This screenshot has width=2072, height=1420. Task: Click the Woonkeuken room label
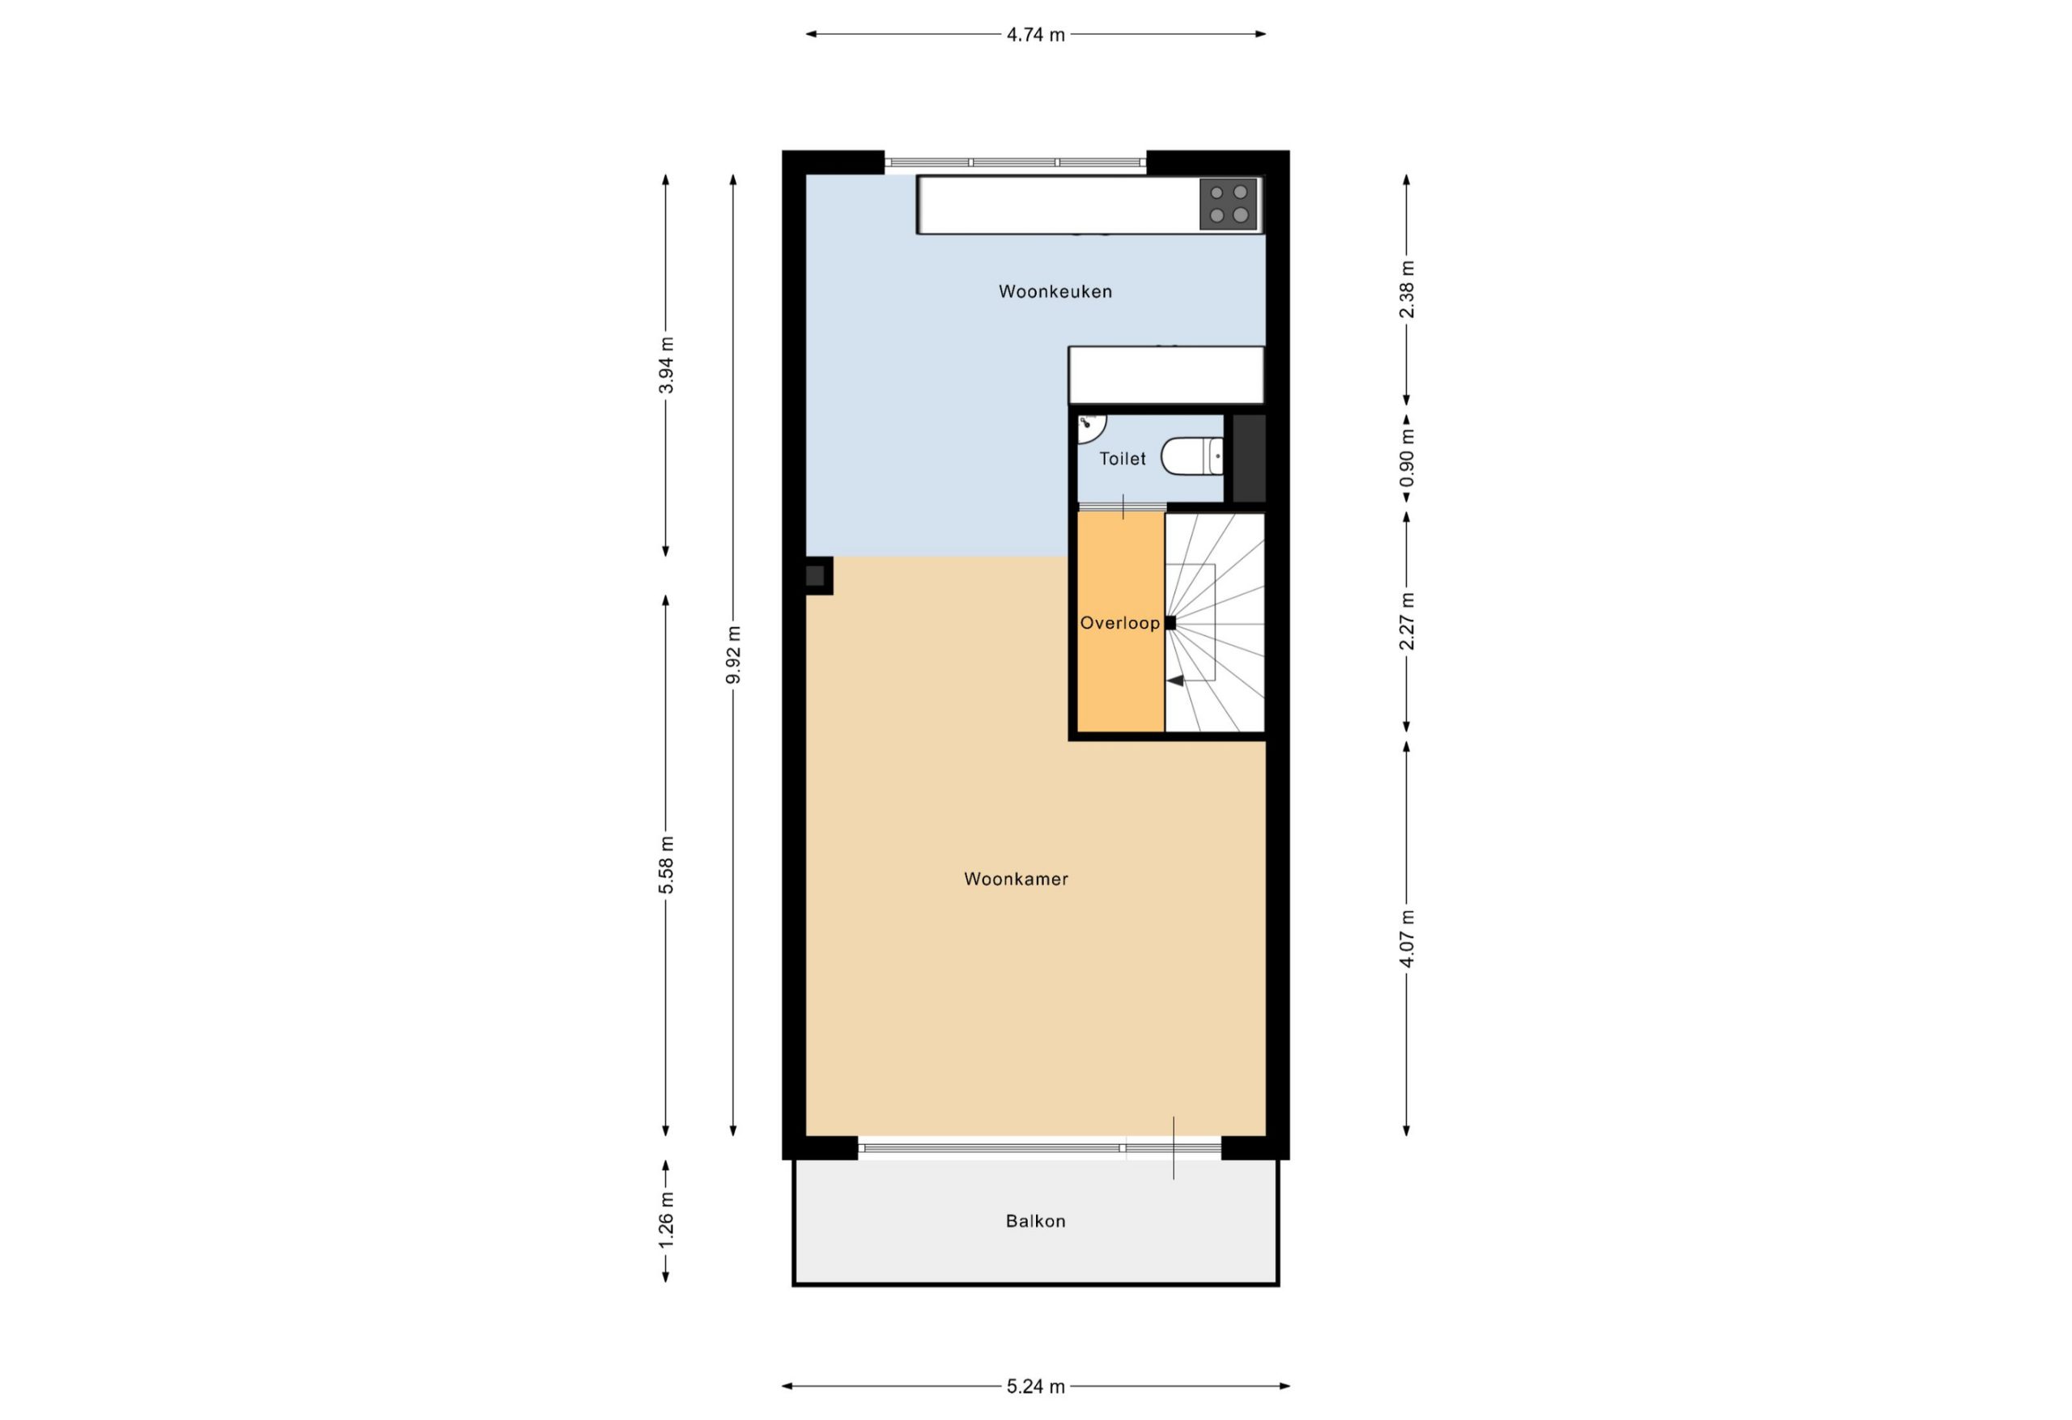tap(1055, 291)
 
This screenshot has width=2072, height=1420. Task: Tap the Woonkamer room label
tap(1016, 879)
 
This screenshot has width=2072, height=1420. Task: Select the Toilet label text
tap(1123, 458)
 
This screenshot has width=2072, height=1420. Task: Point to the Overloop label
tap(1120, 623)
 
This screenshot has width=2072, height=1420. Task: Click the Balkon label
tap(1035, 1221)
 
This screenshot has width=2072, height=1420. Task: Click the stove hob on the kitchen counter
tap(1228, 204)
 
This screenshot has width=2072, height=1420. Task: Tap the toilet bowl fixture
tap(1192, 456)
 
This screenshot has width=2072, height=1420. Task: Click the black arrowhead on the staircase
tap(1175, 680)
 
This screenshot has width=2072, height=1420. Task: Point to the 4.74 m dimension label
tap(1035, 35)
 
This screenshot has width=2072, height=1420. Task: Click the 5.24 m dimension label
tap(1035, 1386)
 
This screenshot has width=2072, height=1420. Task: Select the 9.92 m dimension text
tap(732, 655)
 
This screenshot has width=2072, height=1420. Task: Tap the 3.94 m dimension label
tap(666, 366)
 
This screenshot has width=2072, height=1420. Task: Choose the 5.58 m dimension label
tap(666, 865)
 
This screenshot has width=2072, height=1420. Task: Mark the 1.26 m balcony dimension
tap(666, 1221)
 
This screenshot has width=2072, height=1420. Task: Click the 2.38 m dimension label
tap(1407, 289)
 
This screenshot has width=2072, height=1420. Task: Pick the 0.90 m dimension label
tap(1407, 458)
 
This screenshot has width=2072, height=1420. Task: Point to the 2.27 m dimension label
tap(1407, 621)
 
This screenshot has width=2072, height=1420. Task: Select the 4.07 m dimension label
tap(1407, 938)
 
